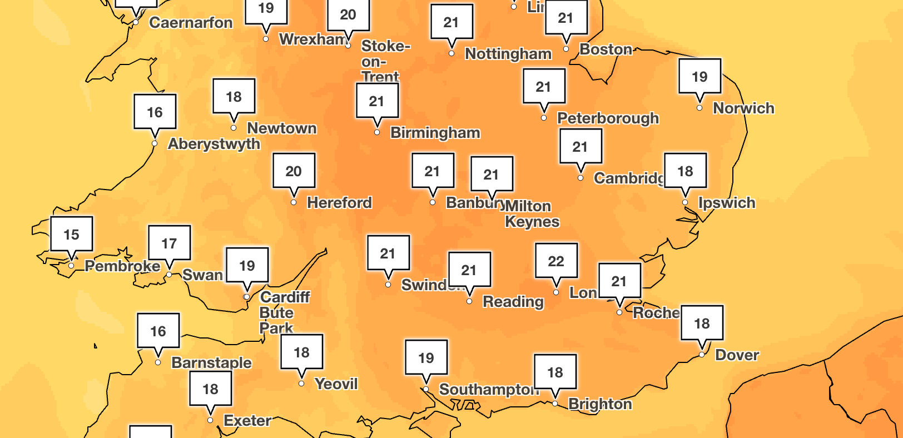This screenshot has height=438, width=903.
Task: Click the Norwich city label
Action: (x=743, y=108)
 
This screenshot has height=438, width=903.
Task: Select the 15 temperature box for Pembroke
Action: (x=71, y=234)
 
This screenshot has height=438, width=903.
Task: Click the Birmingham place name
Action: (x=435, y=133)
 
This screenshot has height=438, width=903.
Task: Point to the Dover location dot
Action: (x=702, y=355)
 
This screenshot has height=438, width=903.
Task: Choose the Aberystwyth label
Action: (x=214, y=144)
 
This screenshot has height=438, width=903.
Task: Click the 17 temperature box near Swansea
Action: (x=169, y=243)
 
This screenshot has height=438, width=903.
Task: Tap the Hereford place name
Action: (x=339, y=202)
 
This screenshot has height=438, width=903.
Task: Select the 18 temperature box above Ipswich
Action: (x=685, y=171)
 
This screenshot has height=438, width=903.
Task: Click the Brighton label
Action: (x=600, y=404)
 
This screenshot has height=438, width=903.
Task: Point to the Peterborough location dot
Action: (x=544, y=118)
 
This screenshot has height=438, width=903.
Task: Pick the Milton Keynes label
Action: (x=531, y=214)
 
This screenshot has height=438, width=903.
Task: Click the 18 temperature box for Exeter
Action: (x=210, y=389)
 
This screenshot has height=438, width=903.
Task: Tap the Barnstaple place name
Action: (x=211, y=363)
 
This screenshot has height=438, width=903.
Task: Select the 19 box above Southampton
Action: (x=426, y=357)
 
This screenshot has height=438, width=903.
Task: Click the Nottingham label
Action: (x=508, y=54)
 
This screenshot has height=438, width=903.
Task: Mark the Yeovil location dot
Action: (x=301, y=384)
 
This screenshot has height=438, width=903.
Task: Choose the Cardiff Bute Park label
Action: (x=284, y=312)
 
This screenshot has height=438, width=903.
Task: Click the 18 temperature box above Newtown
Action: (x=234, y=96)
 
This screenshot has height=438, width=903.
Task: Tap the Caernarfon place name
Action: (x=191, y=23)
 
